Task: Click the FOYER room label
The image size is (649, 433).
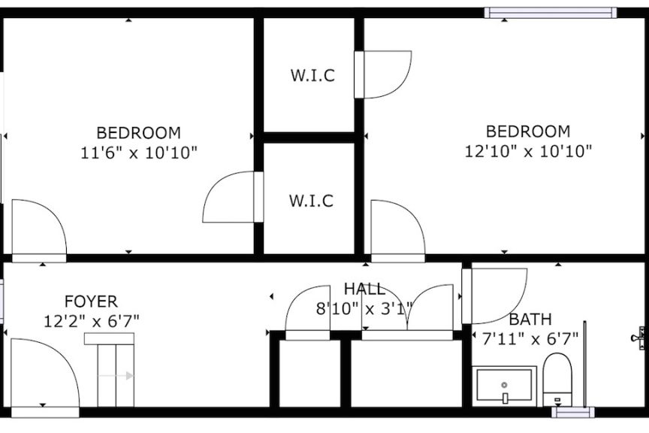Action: pyautogui.click(x=91, y=301)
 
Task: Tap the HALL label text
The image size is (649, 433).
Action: pyautogui.click(x=364, y=289)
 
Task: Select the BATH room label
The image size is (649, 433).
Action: pyautogui.click(x=530, y=319)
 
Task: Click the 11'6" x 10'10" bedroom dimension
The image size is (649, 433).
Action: pyautogui.click(x=138, y=153)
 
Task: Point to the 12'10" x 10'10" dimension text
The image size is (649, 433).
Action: pyautogui.click(x=528, y=151)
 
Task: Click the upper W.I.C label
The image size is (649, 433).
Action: pyautogui.click(x=312, y=75)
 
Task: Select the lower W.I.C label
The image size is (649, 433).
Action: pyautogui.click(x=311, y=201)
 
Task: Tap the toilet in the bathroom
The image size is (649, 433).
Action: pyautogui.click(x=557, y=379)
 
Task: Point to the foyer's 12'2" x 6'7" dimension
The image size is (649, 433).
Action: pyautogui.click(x=92, y=321)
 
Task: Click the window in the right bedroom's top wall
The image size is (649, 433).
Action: pyautogui.click(x=551, y=13)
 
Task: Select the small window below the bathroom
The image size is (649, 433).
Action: pyautogui.click(x=573, y=412)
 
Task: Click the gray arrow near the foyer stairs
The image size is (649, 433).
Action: pyautogui.click(x=116, y=376)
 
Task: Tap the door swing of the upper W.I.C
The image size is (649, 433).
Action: pyautogui.click(x=383, y=74)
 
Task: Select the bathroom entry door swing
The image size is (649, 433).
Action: pyautogui.click(x=494, y=296)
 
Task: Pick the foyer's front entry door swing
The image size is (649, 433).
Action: pyautogui.click(x=45, y=373)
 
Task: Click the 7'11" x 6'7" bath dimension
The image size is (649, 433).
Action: pyautogui.click(x=530, y=339)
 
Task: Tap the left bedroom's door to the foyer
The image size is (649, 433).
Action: pyautogui.click(x=39, y=231)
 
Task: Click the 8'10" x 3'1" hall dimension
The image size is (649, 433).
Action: pyautogui.click(x=364, y=309)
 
